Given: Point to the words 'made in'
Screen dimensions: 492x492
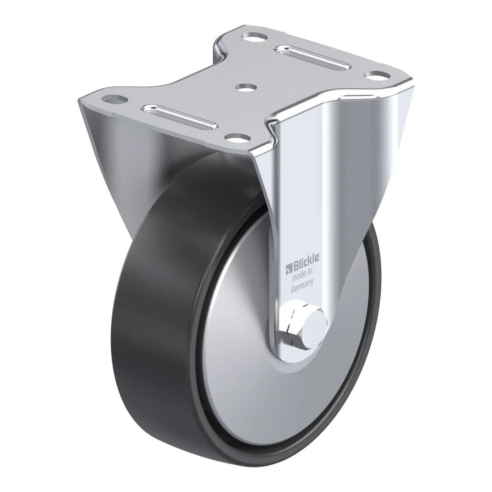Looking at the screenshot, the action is [x=302, y=274].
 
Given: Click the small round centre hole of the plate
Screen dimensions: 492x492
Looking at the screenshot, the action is [x=246, y=88].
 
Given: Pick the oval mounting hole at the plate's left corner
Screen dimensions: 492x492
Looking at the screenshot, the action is [x=115, y=98].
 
